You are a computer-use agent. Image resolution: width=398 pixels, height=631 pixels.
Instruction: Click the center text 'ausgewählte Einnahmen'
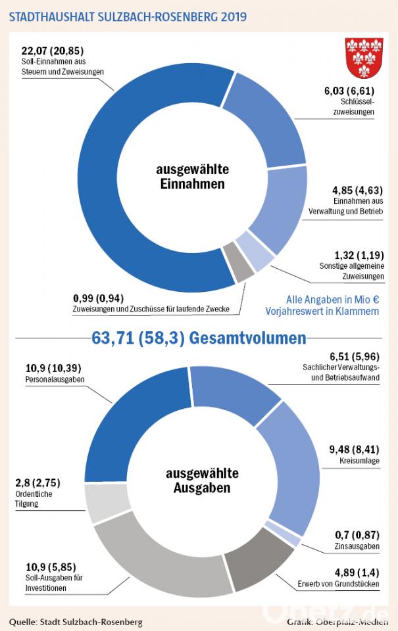191,176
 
